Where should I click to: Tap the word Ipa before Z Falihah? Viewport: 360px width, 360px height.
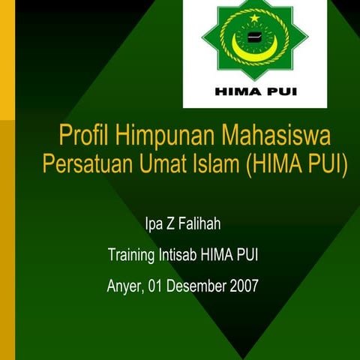[154, 224]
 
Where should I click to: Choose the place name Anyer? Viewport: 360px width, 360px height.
[123, 286]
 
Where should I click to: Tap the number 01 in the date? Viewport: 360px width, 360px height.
[154, 286]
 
